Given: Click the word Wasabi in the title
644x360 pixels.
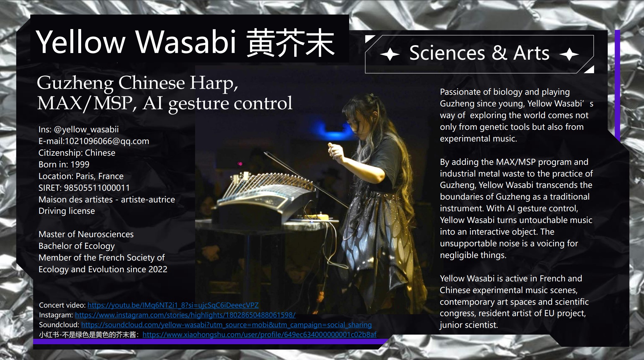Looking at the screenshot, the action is (x=186, y=42).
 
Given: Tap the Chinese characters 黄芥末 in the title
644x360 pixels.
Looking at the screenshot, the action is (x=290, y=43).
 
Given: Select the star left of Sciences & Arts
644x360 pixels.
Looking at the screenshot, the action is (x=390, y=54).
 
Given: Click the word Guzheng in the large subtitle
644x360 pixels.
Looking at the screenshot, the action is (x=75, y=83).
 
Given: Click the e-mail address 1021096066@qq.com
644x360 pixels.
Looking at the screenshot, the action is (x=107, y=141).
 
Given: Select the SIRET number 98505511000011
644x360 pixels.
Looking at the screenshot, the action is (x=97, y=188).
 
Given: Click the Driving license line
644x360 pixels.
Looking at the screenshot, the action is (x=67, y=211).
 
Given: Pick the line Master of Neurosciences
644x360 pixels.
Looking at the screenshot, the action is (x=86, y=234).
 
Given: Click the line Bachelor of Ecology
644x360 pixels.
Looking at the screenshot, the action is (x=77, y=246).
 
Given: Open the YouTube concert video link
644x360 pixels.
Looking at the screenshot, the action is (x=173, y=305).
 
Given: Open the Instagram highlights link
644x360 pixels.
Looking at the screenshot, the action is (x=185, y=315).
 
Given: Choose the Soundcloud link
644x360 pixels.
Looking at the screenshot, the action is (x=226, y=325).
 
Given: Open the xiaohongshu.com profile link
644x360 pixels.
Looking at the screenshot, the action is (x=259, y=334).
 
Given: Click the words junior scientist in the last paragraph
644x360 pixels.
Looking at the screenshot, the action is (x=468, y=325).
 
